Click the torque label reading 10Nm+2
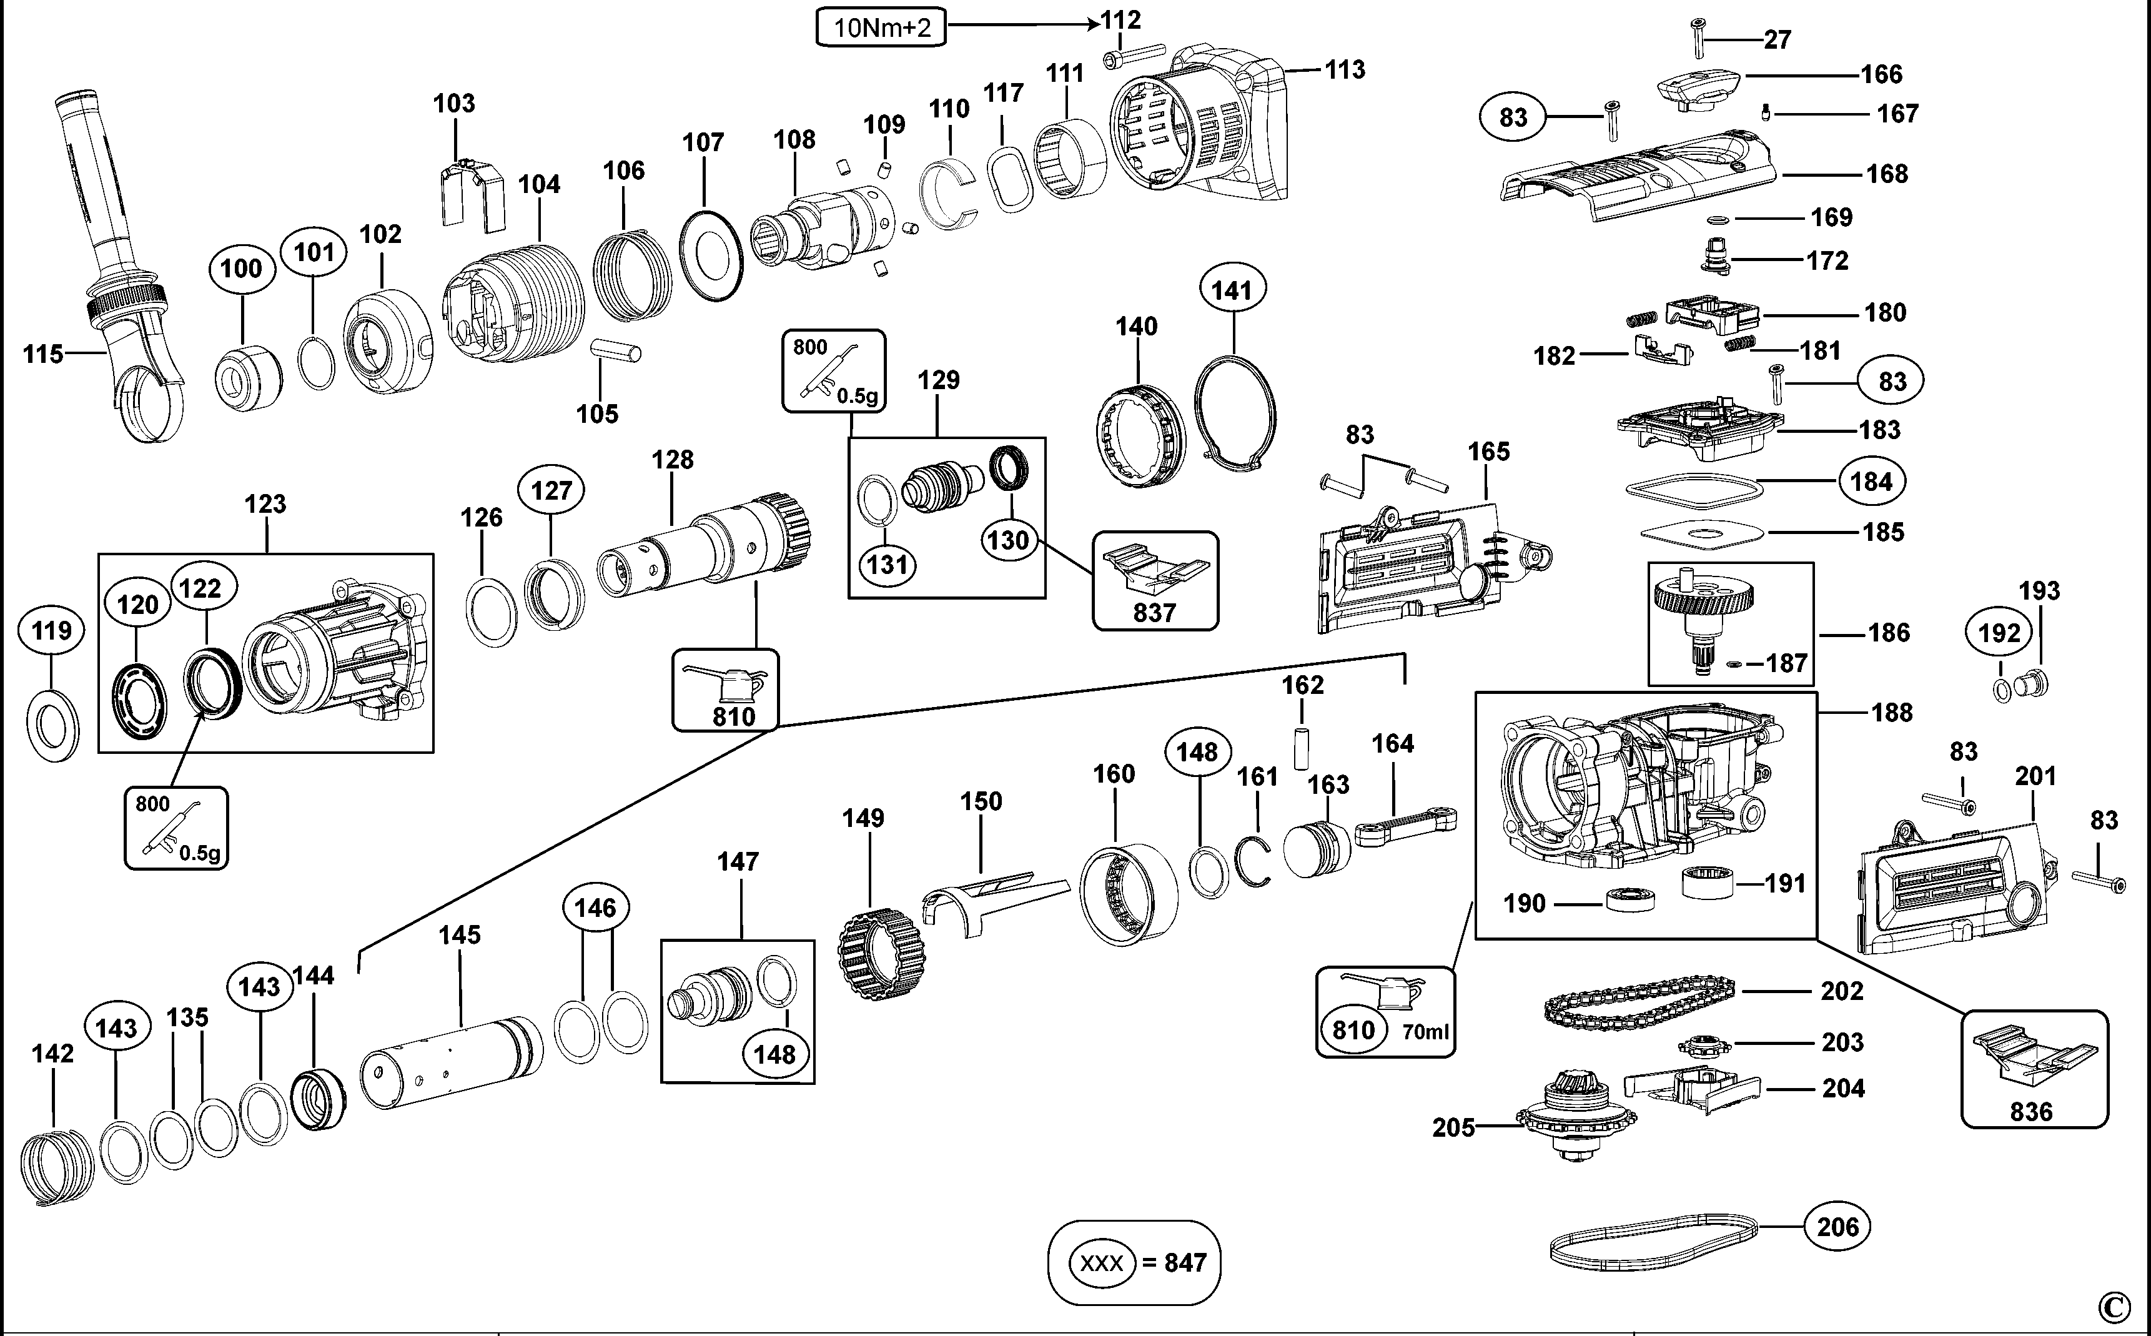pos(881,27)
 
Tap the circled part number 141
pos(1232,290)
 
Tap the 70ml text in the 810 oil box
pos(1425,1031)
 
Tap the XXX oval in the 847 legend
pos(1102,1263)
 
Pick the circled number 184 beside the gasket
pos(1872,482)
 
